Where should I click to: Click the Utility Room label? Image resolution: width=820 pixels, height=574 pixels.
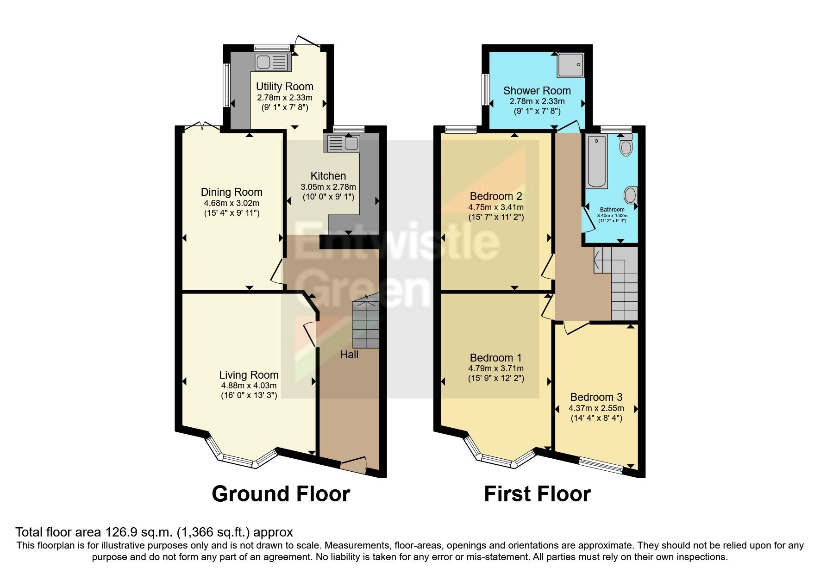click(284, 87)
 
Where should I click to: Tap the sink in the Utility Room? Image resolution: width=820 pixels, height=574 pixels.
click(272, 62)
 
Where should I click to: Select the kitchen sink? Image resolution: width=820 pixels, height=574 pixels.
click(343, 143)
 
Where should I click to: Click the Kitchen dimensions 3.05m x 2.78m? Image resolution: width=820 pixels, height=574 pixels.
click(328, 187)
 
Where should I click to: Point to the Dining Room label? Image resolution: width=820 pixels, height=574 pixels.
click(232, 192)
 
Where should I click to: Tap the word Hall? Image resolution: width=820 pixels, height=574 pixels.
click(349, 355)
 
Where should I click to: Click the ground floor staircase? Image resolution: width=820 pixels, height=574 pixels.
click(366, 324)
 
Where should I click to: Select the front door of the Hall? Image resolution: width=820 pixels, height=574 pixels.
click(353, 465)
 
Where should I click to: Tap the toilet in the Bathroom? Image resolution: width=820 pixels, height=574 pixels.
click(626, 145)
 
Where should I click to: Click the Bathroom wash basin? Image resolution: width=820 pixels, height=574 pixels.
click(631, 194)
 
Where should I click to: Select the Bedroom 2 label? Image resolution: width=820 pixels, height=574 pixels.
click(496, 196)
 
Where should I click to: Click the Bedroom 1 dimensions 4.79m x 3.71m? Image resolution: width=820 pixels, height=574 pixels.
click(496, 368)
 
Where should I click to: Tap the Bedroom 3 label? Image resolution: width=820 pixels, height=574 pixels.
click(596, 397)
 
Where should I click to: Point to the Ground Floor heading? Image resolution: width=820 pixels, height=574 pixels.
click(281, 494)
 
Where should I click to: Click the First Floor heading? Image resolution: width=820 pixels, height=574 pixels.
click(537, 494)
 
